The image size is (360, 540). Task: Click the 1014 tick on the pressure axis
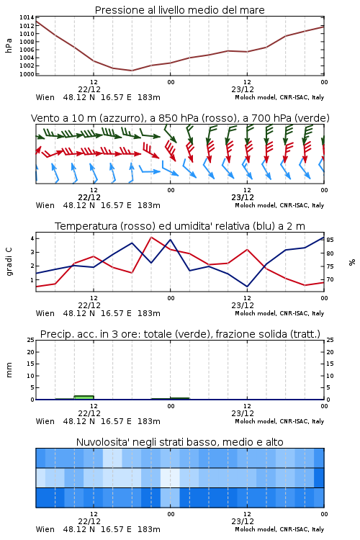[x=27, y=17]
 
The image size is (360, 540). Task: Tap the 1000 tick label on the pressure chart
[x=27, y=74]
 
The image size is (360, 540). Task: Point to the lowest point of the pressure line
[x=132, y=71]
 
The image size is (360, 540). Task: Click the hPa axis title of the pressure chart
[x=9, y=45]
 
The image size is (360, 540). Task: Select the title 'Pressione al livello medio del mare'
[x=179, y=10]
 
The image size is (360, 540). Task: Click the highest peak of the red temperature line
[x=151, y=237]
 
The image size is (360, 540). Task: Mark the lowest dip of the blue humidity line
[x=247, y=287]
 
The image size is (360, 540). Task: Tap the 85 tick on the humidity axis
[x=330, y=240]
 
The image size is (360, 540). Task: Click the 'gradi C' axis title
[x=9, y=261]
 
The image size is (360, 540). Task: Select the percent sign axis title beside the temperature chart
[x=352, y=262]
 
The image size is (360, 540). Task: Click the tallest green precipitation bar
[x=84, y=397]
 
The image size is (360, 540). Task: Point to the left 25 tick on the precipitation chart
[x=31, y=340]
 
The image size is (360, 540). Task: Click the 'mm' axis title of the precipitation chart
[x=9, y=370]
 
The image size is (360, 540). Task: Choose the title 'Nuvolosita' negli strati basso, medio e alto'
[x=179, y=442]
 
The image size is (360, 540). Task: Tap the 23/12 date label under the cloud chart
[x=243, y=521]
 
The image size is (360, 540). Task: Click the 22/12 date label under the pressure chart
[x=89, y=89]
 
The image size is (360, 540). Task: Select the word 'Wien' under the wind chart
[x=45, y=206]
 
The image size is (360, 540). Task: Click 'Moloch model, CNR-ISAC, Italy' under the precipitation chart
[x=279, y=421]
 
